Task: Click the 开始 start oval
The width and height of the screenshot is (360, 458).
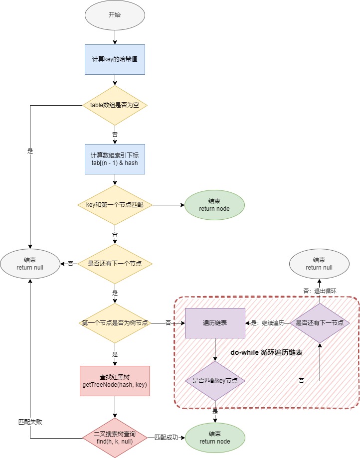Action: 115,14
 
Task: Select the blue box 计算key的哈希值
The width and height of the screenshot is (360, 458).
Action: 115,59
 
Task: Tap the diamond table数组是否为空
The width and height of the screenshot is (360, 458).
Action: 115,105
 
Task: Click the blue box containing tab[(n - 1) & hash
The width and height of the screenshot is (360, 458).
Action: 115,159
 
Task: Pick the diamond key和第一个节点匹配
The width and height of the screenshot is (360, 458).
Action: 115,205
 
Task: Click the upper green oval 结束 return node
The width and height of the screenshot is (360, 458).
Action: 214,205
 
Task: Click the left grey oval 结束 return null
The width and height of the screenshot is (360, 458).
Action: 30,264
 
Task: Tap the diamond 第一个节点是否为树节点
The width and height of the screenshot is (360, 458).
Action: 115,323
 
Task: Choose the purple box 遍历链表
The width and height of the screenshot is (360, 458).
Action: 215,323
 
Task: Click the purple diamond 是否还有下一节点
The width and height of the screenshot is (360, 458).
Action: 320,323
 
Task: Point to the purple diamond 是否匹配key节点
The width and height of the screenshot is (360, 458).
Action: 215,381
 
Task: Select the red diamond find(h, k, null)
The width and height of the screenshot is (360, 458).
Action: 115,438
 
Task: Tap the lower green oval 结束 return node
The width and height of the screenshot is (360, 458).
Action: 215,438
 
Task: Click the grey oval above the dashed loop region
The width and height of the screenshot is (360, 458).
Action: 319,264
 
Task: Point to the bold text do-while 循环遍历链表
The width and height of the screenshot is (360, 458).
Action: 267,352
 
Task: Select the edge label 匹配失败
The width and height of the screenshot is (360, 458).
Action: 30,422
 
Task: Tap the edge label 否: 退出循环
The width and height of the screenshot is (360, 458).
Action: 320,291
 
